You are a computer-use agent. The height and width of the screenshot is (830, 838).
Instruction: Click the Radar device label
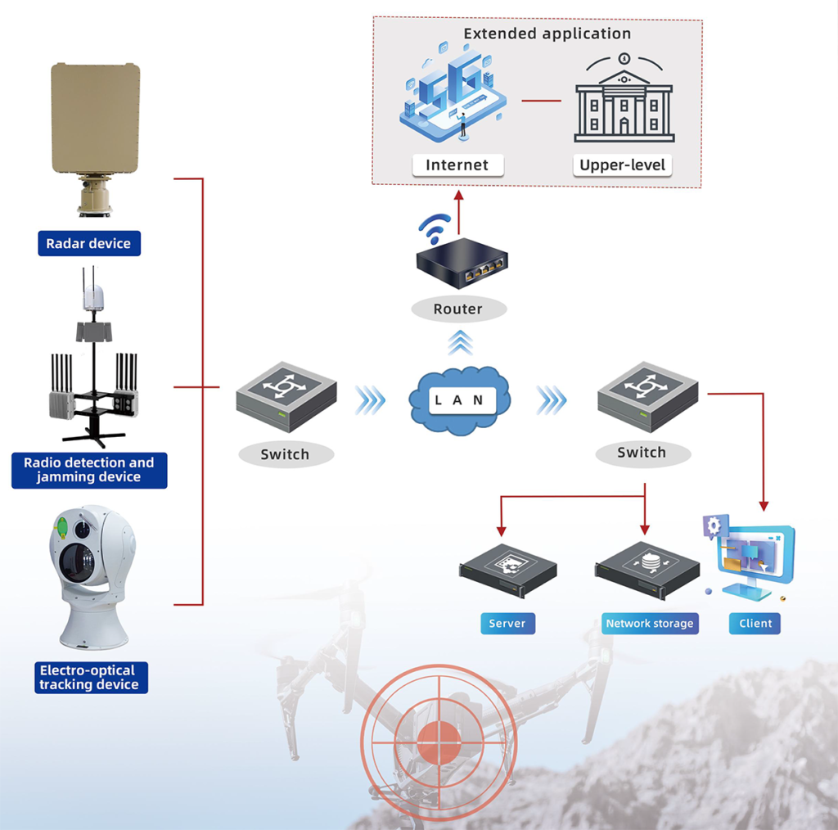pyautogui.click(x=89, y=243)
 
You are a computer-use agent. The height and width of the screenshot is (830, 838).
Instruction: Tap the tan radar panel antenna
pyautogui.click(x=96, y=118)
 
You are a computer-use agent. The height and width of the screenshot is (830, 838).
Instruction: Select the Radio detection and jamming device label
pyautogui.click(x=89, y=471)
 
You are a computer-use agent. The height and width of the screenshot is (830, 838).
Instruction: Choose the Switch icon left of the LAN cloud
pyautogui.click(x=286, y=396)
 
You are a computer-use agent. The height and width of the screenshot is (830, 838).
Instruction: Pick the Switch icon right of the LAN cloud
pyautogui.click(x=648, y=396)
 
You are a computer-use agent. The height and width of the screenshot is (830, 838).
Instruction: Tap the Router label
pyautogui.click(x=458, y=309)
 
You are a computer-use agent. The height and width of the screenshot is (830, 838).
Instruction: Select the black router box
pyautogui.click(x=462, y=263)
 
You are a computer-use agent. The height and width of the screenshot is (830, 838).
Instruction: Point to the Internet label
pyautogui.click(x=457, y=165)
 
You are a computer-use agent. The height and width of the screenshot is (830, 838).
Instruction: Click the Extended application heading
pyautogui.click(x=547, y=34)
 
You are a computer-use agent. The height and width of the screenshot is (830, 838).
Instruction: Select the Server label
pyautogui.click(x=507, y=623)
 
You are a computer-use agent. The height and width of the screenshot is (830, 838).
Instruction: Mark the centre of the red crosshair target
pyautogui.click(x=439, y=742)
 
